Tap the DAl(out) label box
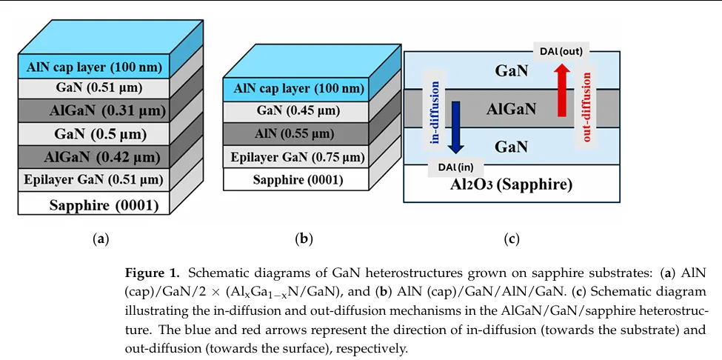coord(561,51)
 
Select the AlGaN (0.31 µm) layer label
coord(94,111)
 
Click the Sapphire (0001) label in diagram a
coord(94,203)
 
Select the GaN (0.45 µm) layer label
coord(298,111)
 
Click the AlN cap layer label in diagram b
coord(298,89)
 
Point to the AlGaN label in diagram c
coord(511,110)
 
